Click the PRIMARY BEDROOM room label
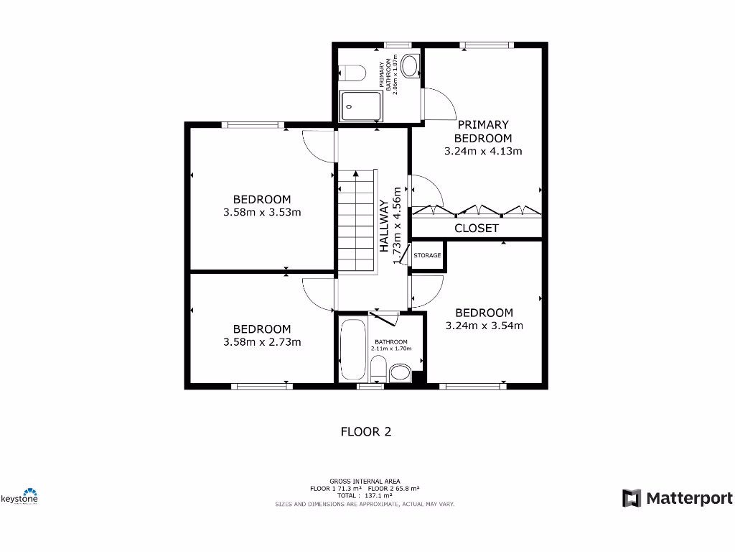(482, 132)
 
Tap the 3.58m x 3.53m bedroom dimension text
(262, 212)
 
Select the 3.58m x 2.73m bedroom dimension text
(262, 342)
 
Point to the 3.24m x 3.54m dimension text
(484, 325)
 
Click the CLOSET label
(477, 228)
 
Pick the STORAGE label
(427, 255)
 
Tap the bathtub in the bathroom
(352, 349)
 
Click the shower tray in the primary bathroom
(361, 106)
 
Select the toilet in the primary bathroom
(352, 73)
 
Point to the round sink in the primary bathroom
(411, 68)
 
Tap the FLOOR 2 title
(365, 432)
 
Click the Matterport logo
(678, 498)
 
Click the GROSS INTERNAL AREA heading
(365, 481)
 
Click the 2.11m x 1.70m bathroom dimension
(389, 349)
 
